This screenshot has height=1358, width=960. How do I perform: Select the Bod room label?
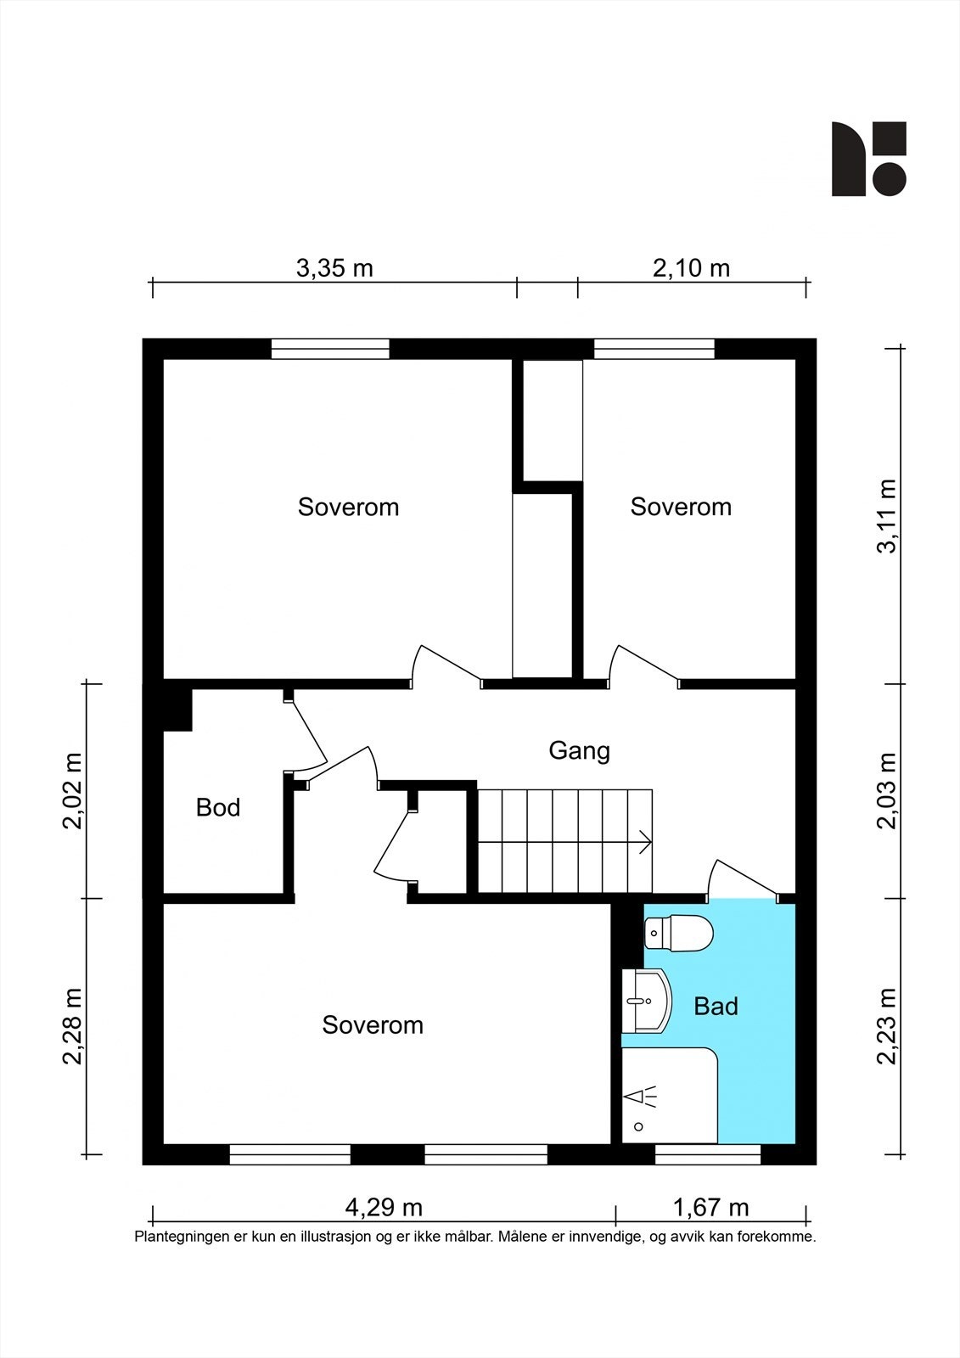click(218, 807)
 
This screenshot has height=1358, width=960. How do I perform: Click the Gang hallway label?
click(579, 751)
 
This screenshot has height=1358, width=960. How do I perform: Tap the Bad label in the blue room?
click(716, 1007)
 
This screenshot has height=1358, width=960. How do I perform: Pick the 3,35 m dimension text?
click(334, 268)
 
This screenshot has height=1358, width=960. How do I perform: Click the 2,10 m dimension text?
click(691, 268)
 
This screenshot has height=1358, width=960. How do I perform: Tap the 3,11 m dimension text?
click(886, 516)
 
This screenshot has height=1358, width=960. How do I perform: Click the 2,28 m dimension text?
click(72, 1026)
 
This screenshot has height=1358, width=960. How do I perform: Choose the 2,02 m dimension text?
click(72, 791)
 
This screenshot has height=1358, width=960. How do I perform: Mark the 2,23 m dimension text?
click(886, 1026)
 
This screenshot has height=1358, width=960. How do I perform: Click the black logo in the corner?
click(868, 159)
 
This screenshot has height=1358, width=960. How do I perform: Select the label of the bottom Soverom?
click(373, 1025)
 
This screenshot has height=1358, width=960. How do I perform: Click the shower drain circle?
click(638, 1127)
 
